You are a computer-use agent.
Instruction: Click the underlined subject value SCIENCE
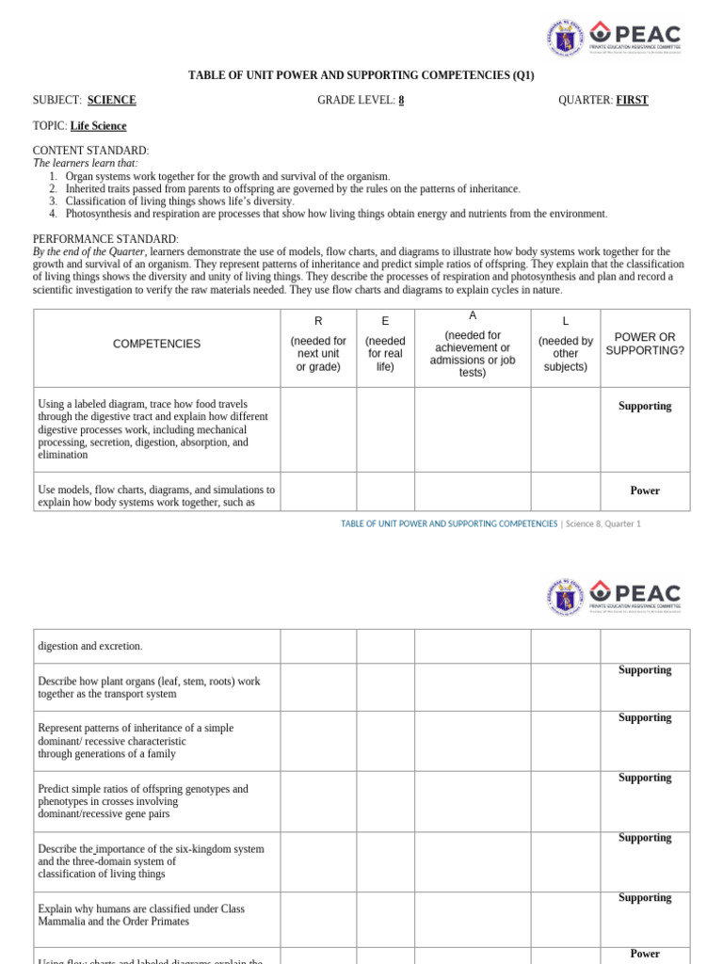(111, 101)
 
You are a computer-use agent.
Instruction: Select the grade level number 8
(401, 101)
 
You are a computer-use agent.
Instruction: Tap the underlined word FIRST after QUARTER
(632, 101)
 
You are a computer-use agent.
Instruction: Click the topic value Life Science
(98, 126)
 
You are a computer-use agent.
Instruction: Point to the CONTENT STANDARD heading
(90, 151)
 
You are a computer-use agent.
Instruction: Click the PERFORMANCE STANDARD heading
(105, 239)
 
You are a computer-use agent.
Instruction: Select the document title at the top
(361, 75)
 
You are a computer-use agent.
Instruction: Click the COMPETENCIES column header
(156, 345)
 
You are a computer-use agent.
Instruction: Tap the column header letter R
(318, 321)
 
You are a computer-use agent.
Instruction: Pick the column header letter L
(565, 321)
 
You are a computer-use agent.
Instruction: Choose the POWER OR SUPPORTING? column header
(645, 345)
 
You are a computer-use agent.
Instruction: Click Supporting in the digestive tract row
(645, 407)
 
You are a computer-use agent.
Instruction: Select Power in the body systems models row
(645, 491)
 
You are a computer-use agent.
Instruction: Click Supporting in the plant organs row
(645, 670)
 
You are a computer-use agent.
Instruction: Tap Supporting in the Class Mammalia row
(645, 898)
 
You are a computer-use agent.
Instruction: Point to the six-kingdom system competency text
(151, 861)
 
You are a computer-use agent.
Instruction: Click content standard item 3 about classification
(179, 201)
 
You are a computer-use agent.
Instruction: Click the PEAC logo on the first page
(635, 39)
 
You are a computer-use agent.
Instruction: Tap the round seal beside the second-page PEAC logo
(565, 598)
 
